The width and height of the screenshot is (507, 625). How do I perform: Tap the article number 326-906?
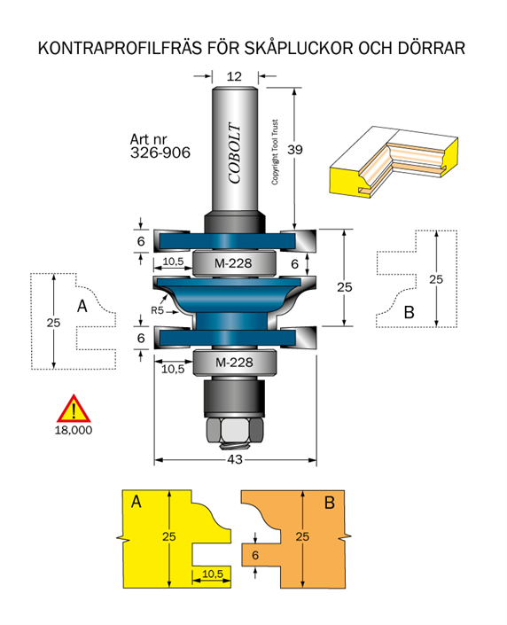160,152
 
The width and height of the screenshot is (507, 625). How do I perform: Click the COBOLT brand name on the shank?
235,152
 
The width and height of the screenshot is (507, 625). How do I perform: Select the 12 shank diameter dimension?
234,76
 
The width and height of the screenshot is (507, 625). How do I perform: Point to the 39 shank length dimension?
295,150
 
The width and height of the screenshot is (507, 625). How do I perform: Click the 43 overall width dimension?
235,459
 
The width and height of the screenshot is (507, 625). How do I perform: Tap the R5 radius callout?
158,310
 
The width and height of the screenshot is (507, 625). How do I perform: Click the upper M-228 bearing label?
233,263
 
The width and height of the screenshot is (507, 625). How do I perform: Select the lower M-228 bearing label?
234,363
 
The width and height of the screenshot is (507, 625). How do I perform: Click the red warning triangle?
74,409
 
